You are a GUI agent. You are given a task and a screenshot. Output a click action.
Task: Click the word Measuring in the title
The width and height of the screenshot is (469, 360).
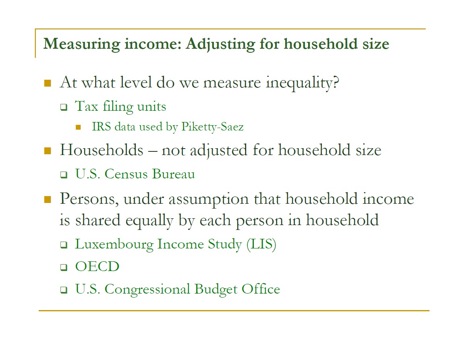82,44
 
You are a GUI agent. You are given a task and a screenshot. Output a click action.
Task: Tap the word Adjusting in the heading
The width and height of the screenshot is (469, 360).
220,44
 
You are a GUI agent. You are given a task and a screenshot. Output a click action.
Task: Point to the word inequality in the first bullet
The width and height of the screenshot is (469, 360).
303,83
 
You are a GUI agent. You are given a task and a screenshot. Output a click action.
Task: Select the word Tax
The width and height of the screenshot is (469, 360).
87,106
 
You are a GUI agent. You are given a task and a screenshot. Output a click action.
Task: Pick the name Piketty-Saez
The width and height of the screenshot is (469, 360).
212,127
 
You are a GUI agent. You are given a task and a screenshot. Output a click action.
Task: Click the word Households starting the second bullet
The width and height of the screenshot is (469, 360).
102,150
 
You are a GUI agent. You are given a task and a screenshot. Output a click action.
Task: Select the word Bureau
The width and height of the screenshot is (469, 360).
174,174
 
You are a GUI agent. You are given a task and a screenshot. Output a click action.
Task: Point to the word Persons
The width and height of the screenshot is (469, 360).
89,199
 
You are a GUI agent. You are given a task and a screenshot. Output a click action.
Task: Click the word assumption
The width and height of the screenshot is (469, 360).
208,199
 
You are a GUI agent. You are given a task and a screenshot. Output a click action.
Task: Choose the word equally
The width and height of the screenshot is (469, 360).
149,221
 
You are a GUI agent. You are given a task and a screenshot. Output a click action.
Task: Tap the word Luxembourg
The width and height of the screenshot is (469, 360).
114,244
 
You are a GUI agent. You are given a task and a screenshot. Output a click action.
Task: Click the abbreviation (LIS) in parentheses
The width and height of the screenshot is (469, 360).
261,244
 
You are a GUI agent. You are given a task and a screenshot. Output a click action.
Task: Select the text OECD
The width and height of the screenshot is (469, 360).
97,267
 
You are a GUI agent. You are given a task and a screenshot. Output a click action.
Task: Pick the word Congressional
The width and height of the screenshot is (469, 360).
147,290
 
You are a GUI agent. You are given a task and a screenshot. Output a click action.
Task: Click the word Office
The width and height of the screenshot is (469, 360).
261,289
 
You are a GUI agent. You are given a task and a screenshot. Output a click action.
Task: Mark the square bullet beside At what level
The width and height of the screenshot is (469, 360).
48,83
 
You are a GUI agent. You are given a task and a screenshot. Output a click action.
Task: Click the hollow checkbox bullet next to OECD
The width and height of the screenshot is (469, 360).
64,267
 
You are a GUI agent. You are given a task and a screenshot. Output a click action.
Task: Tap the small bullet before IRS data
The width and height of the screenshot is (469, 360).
78,127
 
